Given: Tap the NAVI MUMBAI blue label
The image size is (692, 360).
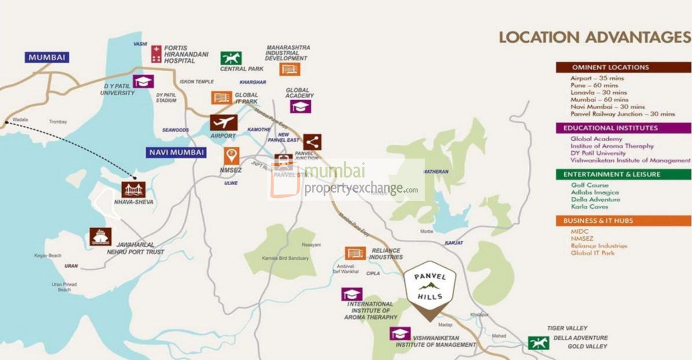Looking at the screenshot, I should point(175,152).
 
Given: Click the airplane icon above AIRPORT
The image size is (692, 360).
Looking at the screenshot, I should point(223,123).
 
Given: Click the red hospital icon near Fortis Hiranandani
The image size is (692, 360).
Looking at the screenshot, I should point(156,54).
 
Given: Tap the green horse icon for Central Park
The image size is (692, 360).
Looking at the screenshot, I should point(231,58).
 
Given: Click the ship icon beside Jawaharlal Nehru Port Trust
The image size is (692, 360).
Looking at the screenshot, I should point(100,236).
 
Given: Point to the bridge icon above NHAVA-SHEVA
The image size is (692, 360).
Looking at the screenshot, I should point(133,189).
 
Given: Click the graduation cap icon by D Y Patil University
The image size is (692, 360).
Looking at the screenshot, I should point(143,81).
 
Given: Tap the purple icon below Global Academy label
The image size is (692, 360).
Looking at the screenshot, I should point(300,106).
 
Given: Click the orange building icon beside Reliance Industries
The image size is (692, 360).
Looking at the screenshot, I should point(355,253).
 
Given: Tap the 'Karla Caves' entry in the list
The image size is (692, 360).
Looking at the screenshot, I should point(589,207).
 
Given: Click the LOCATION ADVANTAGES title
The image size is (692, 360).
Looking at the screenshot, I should point(595,38).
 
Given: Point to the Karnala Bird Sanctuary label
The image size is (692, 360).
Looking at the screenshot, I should point(285,258).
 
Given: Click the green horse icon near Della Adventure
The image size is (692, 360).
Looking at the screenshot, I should point(538,343).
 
